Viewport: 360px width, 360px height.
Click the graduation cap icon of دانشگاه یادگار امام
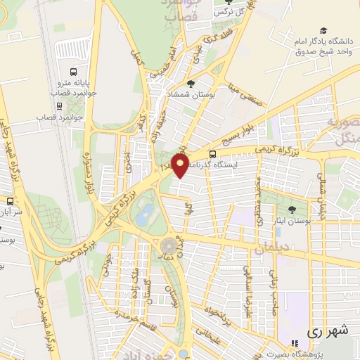[x=323, y=30]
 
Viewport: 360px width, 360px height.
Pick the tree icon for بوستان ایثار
[x=292, y=209]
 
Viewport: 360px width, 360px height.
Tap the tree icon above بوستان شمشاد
[x=191, y=84]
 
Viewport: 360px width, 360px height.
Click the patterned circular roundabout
[x=170, y=246]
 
